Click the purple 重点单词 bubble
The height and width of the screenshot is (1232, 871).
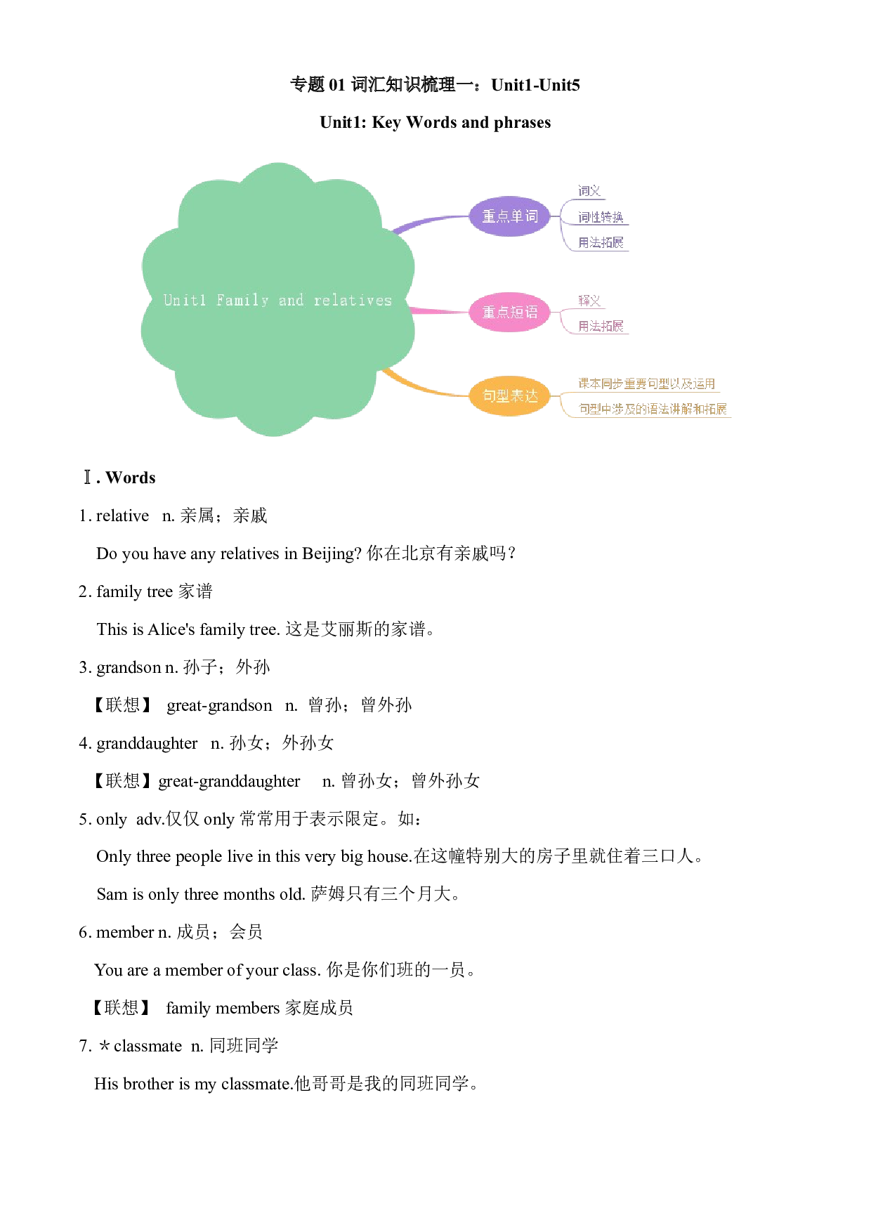[509, 216]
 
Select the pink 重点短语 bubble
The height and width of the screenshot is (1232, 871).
[509, 312]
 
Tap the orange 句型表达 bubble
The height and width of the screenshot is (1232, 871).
[509, 395]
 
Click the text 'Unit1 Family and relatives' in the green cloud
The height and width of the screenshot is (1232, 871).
[277, 301]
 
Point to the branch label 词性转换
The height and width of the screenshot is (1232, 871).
[601, 217]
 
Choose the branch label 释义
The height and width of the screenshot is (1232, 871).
[589, 301]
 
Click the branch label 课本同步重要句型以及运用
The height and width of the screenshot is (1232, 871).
[646, 384]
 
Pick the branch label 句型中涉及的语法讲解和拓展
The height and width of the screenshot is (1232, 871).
[653, 409]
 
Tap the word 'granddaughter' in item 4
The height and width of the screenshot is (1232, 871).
[148, 743]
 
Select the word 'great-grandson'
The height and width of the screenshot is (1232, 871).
[219, 705]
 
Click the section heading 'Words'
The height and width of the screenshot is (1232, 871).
[131, 478]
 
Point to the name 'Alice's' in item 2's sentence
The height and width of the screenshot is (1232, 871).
[171, 629]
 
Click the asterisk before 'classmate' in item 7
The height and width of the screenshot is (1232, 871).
[104, 1046]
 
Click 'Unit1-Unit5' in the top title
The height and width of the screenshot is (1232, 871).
[535, 85]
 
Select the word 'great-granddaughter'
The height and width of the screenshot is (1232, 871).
[229, 781]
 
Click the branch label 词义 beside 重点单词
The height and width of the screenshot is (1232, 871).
[589, 191]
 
